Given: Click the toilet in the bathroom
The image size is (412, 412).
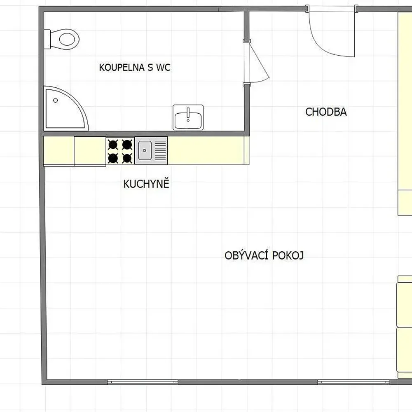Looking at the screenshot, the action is (x=62, y=39).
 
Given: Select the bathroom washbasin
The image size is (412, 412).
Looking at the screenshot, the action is (x=188, y=117).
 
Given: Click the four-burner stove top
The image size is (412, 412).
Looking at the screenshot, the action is (x=120, y=151).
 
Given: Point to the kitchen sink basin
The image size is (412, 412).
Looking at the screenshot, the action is (x=145, y=150).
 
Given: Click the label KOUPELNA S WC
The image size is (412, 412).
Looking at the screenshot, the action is (x=135, y=68).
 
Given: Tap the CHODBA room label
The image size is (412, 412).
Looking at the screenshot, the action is (x=326, y=112).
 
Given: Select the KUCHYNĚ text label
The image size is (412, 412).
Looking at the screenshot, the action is (x=146, y=183).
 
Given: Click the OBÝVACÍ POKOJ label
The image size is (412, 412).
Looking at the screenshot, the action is (x=264, y=255).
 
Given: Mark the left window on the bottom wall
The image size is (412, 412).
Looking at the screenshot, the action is (x=143, y=382).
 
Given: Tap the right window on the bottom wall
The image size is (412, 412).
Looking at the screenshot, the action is (x=353, y=382).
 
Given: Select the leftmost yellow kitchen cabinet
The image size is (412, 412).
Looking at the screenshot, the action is (x=59, y=151).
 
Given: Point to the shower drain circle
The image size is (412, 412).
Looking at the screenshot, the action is (x=56, y=101).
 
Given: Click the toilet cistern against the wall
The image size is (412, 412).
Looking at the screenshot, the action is (x=47, y=39).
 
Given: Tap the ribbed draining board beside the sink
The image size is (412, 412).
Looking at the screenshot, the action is (x=160, y=150).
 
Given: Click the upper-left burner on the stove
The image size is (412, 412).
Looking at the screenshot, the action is (x=113, y=145).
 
